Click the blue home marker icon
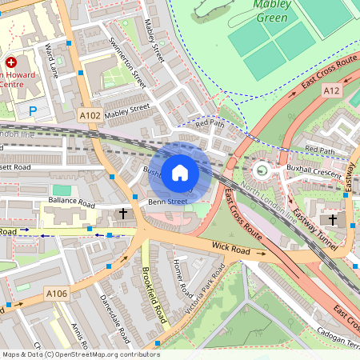point(180,172)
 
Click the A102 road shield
point(90,116)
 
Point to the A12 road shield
point(332,91)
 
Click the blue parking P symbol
point(33,111)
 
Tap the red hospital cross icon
point(11,62)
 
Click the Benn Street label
point(167,202)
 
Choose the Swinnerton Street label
point(129,62)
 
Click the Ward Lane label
point(54,62)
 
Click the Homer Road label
point(183,276)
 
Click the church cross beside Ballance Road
point(123,213)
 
